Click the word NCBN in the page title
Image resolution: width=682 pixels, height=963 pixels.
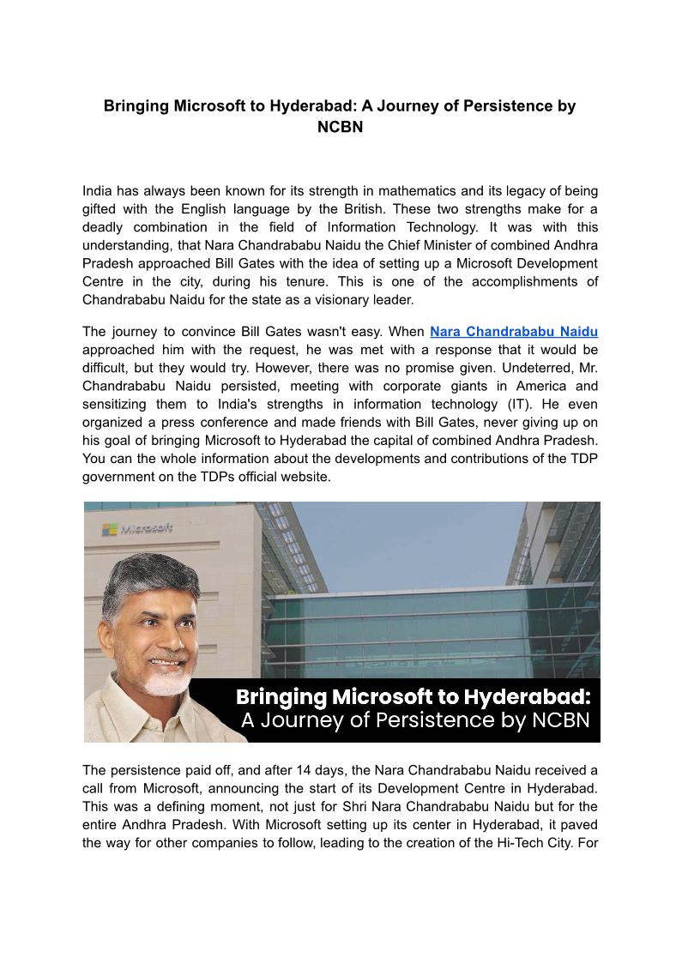point(341,128)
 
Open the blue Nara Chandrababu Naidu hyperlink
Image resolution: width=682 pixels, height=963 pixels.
point(513,331)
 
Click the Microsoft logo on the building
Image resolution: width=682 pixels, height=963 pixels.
point(137,528)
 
